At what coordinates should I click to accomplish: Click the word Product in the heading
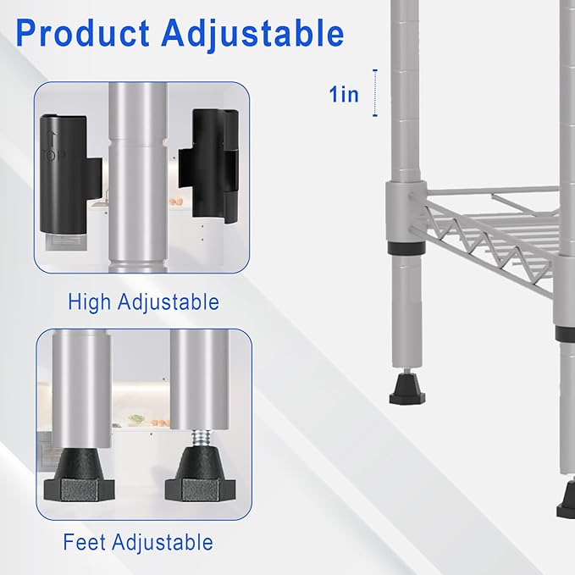(82, 33)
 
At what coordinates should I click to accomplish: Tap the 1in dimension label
(344, 94)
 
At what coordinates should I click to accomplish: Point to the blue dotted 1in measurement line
(375, 93)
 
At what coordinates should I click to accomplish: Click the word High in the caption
(89, 301)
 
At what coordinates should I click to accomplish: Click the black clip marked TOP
(69, 174)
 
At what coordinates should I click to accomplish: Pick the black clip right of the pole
(208, 165)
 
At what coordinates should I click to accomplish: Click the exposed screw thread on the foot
(201, 438)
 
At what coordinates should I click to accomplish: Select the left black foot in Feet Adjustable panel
(80, 475)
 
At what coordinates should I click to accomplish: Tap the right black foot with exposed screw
(200, 473)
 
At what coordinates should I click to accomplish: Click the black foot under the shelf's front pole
(407, 389)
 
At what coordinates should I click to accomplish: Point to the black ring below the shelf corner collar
(406, 247)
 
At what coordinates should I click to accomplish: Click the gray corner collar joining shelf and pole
(406, 211)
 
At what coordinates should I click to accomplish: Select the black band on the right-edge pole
(565, 333)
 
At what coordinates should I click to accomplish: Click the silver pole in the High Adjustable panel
(138, 178)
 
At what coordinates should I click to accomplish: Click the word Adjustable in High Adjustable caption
(169, 302)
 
